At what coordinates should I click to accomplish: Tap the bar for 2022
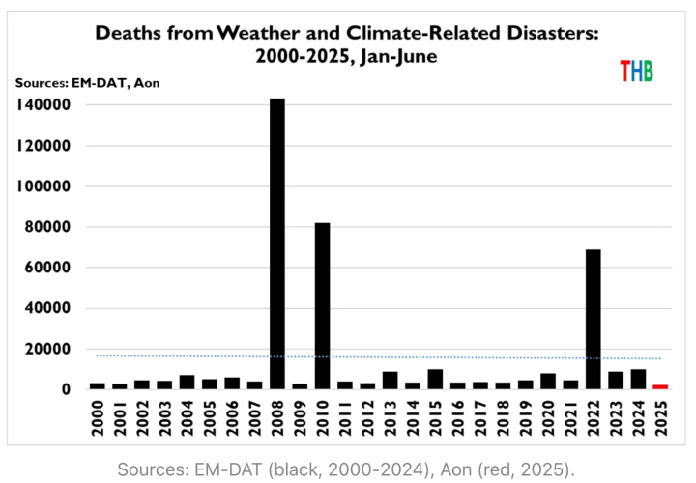point(593,319)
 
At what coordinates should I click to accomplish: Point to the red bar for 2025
point(660,386)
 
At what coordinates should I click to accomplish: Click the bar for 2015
point(435,379)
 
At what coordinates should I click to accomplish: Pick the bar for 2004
point(187,382)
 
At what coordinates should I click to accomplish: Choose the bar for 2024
point(638,379)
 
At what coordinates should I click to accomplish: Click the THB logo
point(636,71)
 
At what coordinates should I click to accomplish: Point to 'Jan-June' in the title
point(398,57)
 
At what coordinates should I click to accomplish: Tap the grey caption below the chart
point(346,469)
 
